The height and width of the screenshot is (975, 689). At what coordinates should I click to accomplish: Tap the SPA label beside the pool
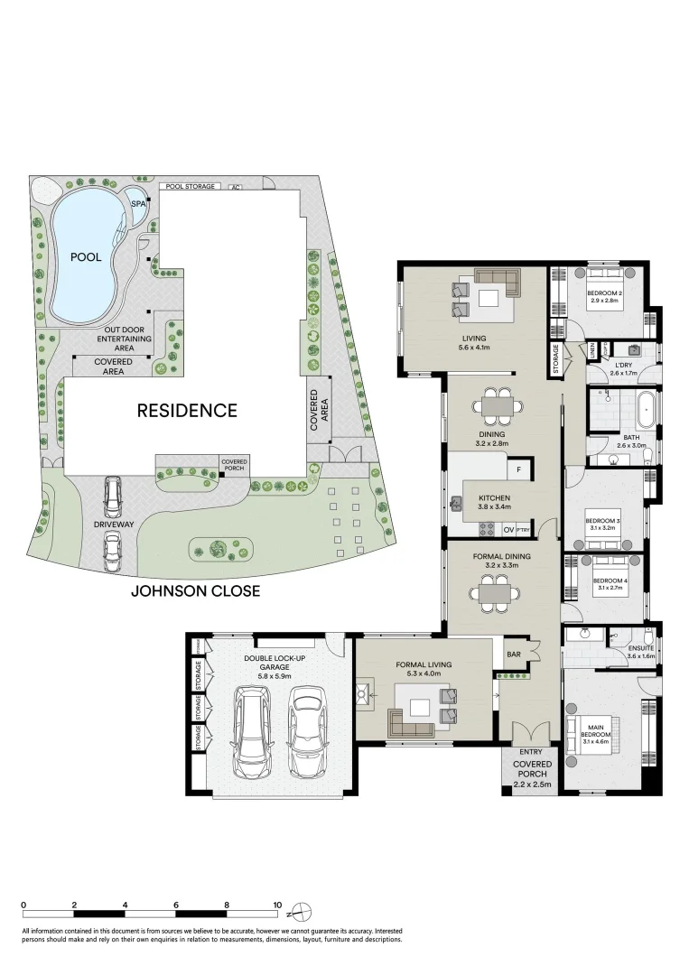138,204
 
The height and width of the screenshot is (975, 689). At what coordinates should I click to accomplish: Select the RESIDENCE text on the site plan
187,411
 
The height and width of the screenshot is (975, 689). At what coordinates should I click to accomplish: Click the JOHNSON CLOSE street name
196,591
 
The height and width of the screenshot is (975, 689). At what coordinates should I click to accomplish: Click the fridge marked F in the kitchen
519,469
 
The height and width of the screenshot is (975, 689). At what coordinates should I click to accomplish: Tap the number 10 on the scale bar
278,905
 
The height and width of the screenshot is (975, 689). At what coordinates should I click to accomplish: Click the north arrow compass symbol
303,909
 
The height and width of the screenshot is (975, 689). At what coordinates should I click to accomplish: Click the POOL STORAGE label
190,187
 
